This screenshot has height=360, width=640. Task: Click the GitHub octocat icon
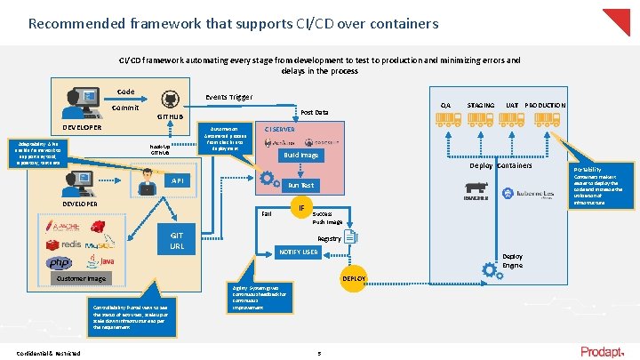click(x=169, y=100)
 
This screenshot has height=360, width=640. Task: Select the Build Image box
click(x=301, y=156)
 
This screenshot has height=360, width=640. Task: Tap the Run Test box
click(x=300, y=186)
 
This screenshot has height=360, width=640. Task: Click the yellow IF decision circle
click(x=301, y=208)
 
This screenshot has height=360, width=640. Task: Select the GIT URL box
click(x=177, y=241)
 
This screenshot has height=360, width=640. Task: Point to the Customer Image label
click(x=82, y=278)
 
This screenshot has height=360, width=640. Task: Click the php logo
click(x=60, y=263)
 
